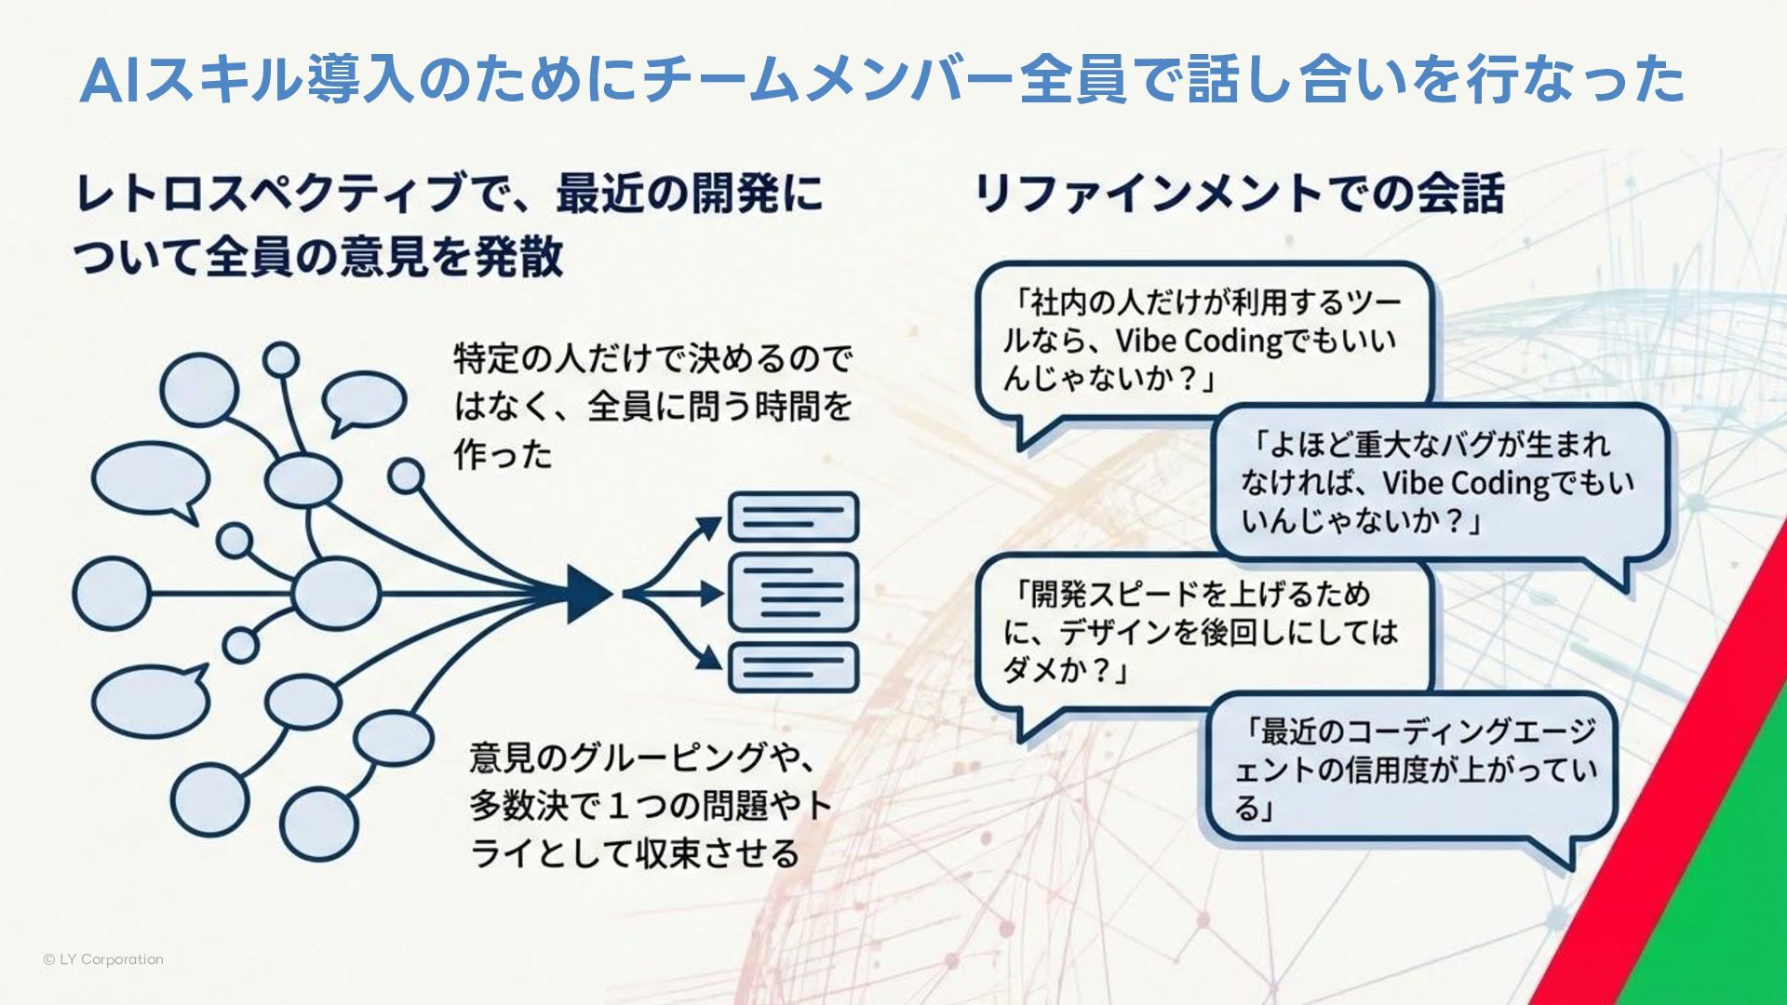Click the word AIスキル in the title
(191, 80)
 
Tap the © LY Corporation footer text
(103, 959)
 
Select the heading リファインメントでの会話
(1239, 194)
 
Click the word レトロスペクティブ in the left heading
(270, 194)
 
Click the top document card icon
(793, 517)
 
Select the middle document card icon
(793, 593)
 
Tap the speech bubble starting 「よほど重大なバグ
(1438, 482)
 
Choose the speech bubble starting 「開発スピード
(1201, 632)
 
